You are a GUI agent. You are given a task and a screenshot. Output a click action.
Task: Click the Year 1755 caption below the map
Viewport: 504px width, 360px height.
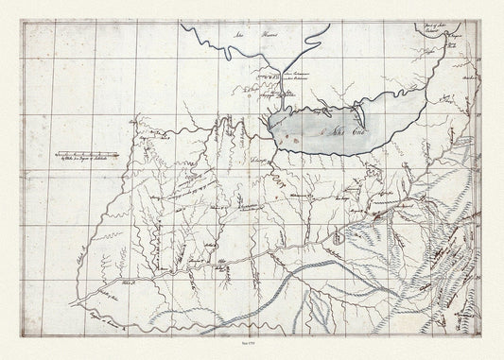point(252,348)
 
